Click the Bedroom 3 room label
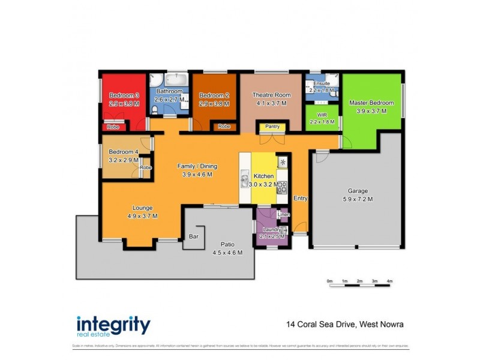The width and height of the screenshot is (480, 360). pos(124,95)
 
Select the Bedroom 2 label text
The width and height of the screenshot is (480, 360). pos(215,95)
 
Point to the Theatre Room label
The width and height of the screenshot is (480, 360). pos(271,95)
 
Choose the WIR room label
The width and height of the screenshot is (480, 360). pos(322,113)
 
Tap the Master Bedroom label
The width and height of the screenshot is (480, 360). pos(371,103)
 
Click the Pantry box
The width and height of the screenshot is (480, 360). pos(272,127)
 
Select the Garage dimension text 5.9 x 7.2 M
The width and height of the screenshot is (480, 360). pos(357,199)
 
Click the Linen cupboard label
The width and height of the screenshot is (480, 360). pos(284,215)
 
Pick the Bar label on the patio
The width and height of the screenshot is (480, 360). pos(194,236)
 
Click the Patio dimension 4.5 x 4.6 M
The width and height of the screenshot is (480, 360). pos(227,253)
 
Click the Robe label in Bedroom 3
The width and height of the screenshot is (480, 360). pos(112,127)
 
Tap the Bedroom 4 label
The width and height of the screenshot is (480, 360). pos(124,152)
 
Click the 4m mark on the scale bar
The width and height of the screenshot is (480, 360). pos(390,281)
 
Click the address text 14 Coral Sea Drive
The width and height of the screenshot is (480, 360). pos(320,325)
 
